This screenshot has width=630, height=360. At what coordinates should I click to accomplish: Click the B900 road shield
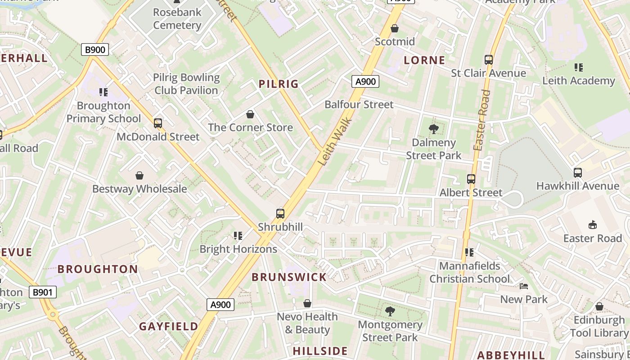[x=95, y=49]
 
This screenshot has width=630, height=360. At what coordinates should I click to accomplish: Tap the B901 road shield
[x=43, y=292]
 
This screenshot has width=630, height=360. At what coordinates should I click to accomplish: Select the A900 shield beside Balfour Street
[x=365, y=81]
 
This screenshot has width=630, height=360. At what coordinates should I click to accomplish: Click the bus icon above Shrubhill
[x=280, y=213]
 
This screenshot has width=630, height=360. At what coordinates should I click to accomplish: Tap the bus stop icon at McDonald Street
[x=158, y=123]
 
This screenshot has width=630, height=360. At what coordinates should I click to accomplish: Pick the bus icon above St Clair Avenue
[x=489, y=59]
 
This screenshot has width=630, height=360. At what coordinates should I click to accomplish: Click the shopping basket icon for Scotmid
[x=395, y=28]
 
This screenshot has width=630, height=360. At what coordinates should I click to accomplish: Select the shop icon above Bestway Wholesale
[x=139, y=175]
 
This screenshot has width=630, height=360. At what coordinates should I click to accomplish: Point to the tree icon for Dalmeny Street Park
[x=434, y=129]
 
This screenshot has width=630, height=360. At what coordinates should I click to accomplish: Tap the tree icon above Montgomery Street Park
[x=390, y=311]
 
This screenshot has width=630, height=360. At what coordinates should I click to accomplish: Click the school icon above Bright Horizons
[x=238, y=235]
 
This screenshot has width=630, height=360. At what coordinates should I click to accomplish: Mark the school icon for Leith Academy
[x=579, y=67]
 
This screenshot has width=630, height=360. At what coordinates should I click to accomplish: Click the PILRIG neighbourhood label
[x=279, y=84]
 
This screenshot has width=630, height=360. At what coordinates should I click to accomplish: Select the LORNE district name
[x=424, y=60]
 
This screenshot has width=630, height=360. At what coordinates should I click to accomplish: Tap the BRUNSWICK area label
[x=289, y=277]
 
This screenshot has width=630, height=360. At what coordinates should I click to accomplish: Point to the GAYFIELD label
[x=168, y=327]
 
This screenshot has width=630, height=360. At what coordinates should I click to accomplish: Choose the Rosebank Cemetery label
[x=177, y=18]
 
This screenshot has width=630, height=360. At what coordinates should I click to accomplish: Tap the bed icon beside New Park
[x=524, y=286]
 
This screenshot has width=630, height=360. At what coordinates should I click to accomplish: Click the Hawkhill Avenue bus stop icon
[x=578, y=172]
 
